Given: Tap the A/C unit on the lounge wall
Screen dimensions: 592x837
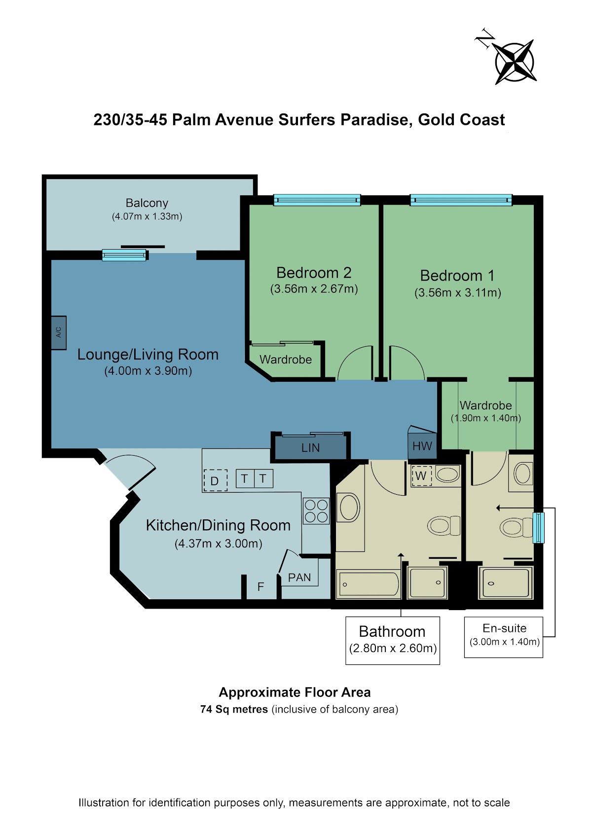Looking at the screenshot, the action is point(59,332).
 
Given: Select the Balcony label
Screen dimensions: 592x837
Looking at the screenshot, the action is point(147,203).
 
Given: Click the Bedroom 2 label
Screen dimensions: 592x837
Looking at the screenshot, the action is point(314,273).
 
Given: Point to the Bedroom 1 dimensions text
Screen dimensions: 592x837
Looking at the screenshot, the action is point(458,292).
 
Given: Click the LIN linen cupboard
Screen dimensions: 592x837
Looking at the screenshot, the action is point(310,447).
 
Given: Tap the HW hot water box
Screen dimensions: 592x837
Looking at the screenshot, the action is point(422,445).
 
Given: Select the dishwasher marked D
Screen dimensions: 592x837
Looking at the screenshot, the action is point(215,480).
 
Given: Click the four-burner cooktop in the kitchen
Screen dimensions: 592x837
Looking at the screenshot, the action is point(316,511).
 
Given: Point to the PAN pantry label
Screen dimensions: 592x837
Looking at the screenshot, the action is point(299,577).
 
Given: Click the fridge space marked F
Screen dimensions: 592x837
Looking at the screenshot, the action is point(261,586).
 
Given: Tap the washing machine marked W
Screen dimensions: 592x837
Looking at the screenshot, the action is point(421,475).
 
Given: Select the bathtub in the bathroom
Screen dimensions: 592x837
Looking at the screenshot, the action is point(369,584).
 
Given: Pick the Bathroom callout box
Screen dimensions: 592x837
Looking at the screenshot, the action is point(392,641).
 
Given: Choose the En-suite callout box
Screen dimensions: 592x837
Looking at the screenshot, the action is point(503,637).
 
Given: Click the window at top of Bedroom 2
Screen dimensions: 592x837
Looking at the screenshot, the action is point(317,200).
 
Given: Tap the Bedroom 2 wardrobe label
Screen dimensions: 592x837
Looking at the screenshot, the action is point(286,360).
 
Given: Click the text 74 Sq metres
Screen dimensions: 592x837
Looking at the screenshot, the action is point(234,709).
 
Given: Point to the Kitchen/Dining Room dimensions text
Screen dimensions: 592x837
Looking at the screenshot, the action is point(218,544).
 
